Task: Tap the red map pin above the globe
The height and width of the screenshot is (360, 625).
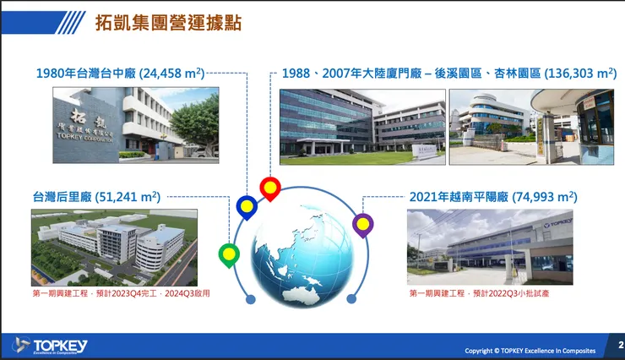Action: point(269,188)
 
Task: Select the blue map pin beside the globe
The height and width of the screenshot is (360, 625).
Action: point(247,206)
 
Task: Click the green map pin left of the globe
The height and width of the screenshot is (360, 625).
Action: point(229,254)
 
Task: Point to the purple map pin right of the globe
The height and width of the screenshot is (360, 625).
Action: point(363,224)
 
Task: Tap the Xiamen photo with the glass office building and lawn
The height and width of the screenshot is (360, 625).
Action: point(361,127)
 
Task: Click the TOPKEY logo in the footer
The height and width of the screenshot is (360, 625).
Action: point(51,345)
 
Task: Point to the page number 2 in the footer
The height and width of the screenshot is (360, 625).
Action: point(620,346)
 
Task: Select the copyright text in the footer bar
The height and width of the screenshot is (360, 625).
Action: point(530,350)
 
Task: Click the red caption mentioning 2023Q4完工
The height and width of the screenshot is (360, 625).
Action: point(120,293)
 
